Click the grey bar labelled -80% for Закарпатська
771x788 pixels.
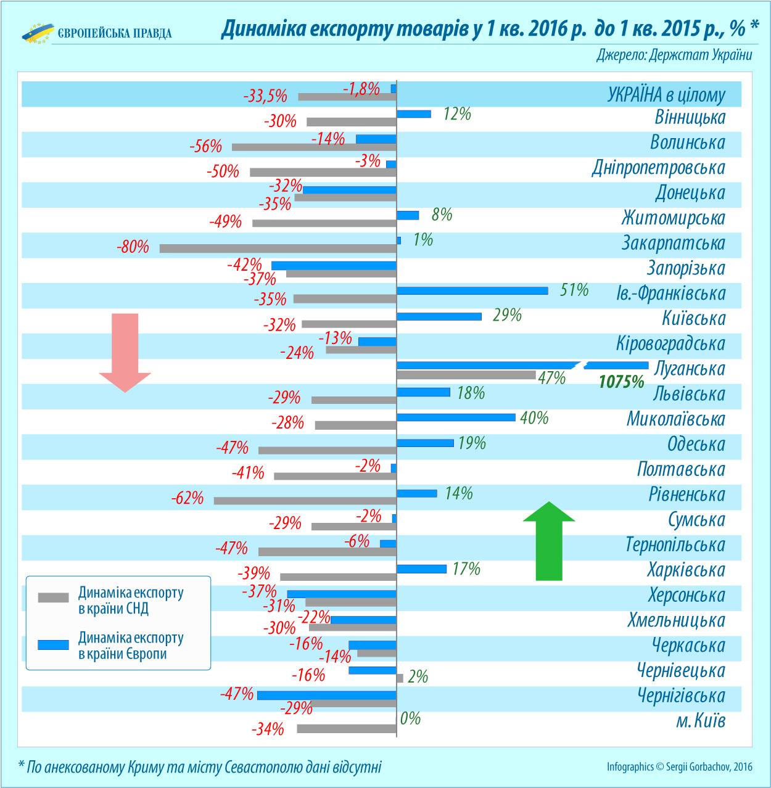click(x=278, y=248)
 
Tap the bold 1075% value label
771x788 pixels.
click(x=621, y=382)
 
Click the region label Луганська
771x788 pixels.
click(x=690, y=369)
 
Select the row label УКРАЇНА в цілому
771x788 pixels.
click(x=666, y=96)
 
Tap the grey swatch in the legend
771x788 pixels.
click(x=53, y=597)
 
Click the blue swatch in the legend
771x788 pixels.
click(x=53, y=644)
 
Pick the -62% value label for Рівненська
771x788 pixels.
click(x=188, y=498)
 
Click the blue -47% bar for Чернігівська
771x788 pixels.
click(x=326, y=695)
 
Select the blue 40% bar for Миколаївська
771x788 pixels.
click(x=455, y=417)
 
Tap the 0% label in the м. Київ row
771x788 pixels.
click(x=410, y=718)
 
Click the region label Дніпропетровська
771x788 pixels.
click(x=658, y=168)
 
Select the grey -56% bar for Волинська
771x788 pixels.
click(x=313, y=147)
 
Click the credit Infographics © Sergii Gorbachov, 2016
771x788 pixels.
click(x=679, y=767)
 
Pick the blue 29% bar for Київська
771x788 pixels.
click(x=439, y=316)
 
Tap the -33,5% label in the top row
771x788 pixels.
click(x=265, y=97)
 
